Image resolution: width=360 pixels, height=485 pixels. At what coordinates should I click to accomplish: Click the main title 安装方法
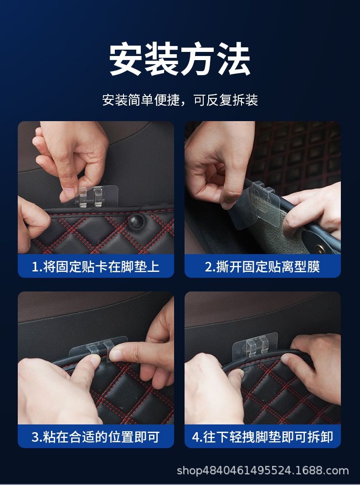(180, 59)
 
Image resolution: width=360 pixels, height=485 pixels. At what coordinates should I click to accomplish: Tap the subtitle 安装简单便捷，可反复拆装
(180, 100)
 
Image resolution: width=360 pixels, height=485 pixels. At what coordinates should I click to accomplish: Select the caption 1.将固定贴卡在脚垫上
(96, 266)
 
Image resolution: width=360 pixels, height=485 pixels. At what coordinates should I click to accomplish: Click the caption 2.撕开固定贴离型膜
(262, 266)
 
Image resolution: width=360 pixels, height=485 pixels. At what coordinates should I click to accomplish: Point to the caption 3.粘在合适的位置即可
(96, 437)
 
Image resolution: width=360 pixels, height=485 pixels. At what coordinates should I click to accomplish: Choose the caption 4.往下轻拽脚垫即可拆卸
(262, 437)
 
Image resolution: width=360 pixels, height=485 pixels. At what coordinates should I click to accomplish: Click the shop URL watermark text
(263, 470)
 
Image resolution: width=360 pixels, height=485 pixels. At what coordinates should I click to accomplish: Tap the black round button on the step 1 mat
(137, 220)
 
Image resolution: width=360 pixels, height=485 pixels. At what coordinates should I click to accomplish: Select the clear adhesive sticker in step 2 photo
(253, 204)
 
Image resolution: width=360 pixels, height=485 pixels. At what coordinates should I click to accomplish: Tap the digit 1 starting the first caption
(35, 267)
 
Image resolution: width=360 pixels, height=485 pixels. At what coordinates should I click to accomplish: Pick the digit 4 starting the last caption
(195, 437)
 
